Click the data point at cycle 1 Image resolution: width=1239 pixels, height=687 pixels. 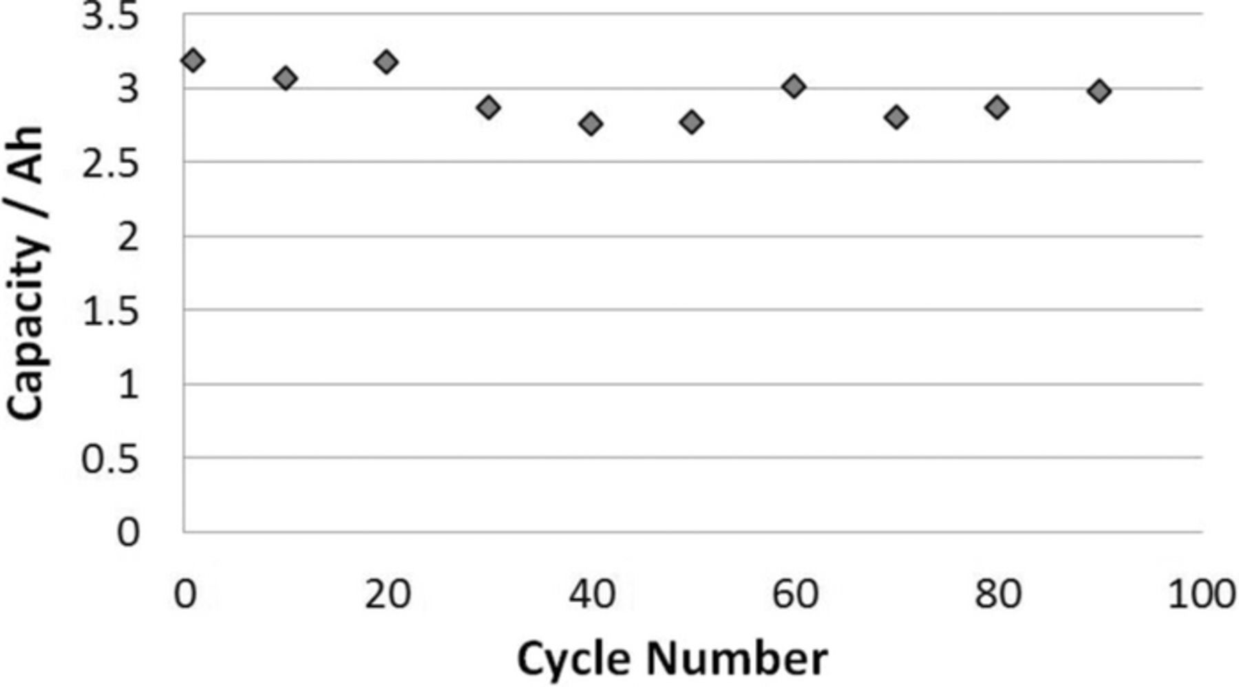(x=193, y=61)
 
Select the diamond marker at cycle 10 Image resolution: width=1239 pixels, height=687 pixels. (x=285, y=78)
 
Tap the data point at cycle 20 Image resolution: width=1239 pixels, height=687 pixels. (x=386, y=62)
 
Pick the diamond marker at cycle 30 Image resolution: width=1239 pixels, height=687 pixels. (x=488, y=107)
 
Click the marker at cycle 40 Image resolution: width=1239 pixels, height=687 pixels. (x=591, y=124)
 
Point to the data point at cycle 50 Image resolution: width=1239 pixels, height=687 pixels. (x=692, y=123)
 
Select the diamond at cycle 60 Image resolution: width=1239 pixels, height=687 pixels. (x=794, y=87)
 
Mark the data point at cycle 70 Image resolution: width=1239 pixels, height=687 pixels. (x=896, y=117)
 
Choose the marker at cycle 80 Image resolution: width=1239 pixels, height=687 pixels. (x=997, y=107)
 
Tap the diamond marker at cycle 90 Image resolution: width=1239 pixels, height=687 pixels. (x=1099, y=91)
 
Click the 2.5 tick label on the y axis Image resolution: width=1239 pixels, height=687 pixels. (x=110, y=164)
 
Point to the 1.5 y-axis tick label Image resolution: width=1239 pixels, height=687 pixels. (x=110, y=313)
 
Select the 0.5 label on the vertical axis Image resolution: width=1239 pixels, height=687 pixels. (x=110, y=460)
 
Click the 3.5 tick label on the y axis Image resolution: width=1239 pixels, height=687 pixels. (x=110, y=17)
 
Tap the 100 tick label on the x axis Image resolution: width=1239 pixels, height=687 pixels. (x=1202, y=594)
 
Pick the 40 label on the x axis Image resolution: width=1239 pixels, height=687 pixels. (x=591, y=594)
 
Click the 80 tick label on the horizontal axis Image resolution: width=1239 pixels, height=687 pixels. (x=997, y=594)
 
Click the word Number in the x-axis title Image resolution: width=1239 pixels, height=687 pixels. (x=737, y=659)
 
